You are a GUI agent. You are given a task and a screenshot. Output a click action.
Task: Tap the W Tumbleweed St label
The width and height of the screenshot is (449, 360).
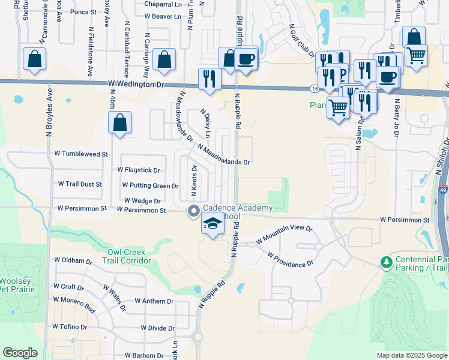[80, 154]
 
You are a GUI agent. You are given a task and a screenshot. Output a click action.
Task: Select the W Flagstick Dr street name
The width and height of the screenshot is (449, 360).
[139, 170]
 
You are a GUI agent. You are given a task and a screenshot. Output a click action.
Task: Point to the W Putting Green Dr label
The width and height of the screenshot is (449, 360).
[150, 186]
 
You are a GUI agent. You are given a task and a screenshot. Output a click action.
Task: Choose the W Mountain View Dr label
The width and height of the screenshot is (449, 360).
[285, 234]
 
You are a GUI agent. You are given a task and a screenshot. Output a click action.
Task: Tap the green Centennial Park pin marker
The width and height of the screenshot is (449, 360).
[384, 262]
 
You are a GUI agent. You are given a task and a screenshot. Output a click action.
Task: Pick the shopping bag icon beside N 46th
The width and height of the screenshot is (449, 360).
[120, 123]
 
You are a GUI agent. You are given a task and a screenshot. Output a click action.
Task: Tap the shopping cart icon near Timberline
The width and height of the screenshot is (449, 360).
[415, 56]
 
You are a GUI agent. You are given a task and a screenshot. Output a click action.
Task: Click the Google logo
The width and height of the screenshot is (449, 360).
[20, 353]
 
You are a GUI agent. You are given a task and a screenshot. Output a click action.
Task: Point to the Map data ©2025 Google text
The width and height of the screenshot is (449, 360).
[411, 355]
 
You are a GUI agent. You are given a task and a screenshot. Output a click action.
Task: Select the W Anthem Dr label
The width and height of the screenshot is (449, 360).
[154, 301]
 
